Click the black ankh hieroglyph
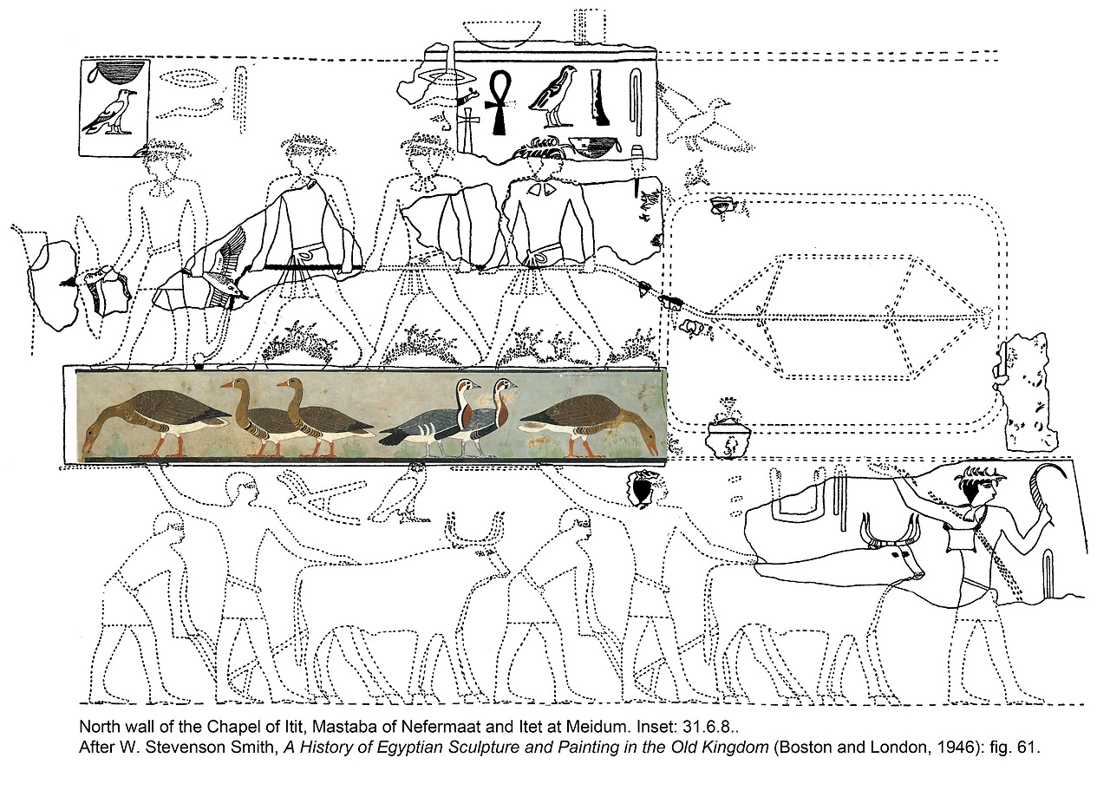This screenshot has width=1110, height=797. point(499,101)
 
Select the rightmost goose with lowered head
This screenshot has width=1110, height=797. point(590,422)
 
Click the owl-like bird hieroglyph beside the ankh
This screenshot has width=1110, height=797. point(553,95)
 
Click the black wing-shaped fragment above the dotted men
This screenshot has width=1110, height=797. point(641,490)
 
